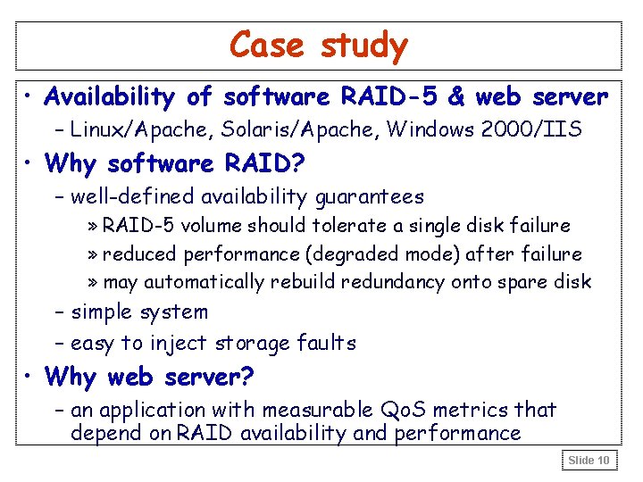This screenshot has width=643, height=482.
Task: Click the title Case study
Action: click(x=319, y=45)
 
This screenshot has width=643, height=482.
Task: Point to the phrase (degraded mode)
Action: click(x=382, y=254)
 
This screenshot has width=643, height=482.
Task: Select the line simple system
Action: click(x=138, y=313)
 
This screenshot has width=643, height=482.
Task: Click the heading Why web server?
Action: click(x=150, y=378)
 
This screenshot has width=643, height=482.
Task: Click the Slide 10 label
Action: click(x=589, y=461)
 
